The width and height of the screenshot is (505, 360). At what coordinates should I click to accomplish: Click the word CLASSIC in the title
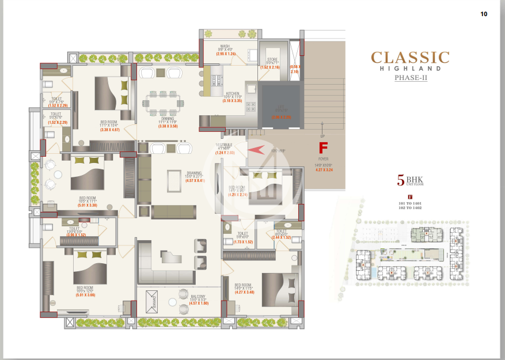click(410, 58)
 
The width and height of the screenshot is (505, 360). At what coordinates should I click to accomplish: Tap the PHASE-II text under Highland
click(411, 78)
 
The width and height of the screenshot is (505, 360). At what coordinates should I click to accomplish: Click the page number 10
click(484, 14)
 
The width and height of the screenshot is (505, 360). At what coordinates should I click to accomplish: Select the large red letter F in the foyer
click(323, 148)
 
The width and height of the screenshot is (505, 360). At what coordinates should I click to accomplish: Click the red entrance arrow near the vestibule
click(257, 151)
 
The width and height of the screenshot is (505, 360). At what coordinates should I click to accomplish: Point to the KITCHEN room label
click(232, 93)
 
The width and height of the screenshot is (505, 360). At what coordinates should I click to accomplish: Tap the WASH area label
click(225, 47)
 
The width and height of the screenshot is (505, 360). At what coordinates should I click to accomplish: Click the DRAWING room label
click(193, 173)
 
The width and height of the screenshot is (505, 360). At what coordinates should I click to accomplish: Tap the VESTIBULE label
click(224, 145)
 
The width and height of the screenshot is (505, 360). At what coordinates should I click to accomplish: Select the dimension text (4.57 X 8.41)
click(195, 181)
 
